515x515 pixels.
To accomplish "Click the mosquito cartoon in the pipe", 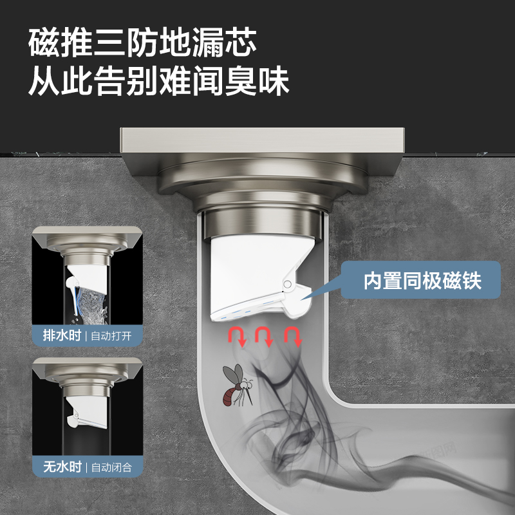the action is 238,385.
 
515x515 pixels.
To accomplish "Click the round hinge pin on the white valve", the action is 287,285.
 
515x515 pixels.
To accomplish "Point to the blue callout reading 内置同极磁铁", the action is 420,280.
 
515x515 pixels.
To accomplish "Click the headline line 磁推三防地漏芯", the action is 142,42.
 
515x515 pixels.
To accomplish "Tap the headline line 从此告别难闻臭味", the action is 159,81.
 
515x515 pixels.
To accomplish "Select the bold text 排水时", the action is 62,335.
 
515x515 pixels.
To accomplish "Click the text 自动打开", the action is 111,336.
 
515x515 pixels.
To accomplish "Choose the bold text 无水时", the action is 62,466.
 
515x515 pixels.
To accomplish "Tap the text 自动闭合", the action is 111,467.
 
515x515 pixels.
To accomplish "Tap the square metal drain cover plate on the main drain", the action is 262,140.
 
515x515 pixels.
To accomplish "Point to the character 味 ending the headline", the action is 274,81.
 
